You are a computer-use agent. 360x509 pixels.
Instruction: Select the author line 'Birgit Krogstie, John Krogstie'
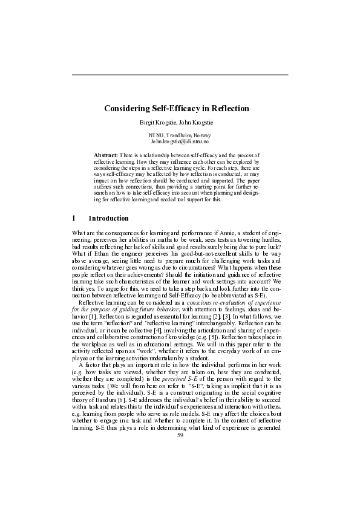coord(180,122)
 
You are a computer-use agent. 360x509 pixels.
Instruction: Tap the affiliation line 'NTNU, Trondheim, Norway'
coord(180,135)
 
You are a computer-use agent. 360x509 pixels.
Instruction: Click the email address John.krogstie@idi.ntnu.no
coord(180,141)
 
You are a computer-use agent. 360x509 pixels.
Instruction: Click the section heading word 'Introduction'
coord(108,218)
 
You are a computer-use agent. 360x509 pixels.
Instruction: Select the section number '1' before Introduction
coord(74,218)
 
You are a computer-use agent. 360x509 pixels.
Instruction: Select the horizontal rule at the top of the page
coord(180,75)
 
